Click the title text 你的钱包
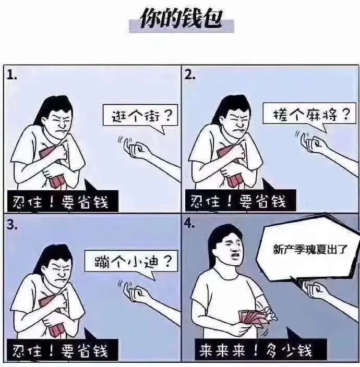click(x=181, y=19)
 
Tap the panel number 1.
click(x=11, y=75)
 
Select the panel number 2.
click(x=190, y=75)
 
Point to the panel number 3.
click(x=11, y=225)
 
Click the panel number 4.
click(x=189, y=224)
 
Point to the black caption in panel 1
click(x=63, y=202)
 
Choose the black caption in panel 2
click(x=241, y=201)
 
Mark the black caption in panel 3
click(x=62, y=350)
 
